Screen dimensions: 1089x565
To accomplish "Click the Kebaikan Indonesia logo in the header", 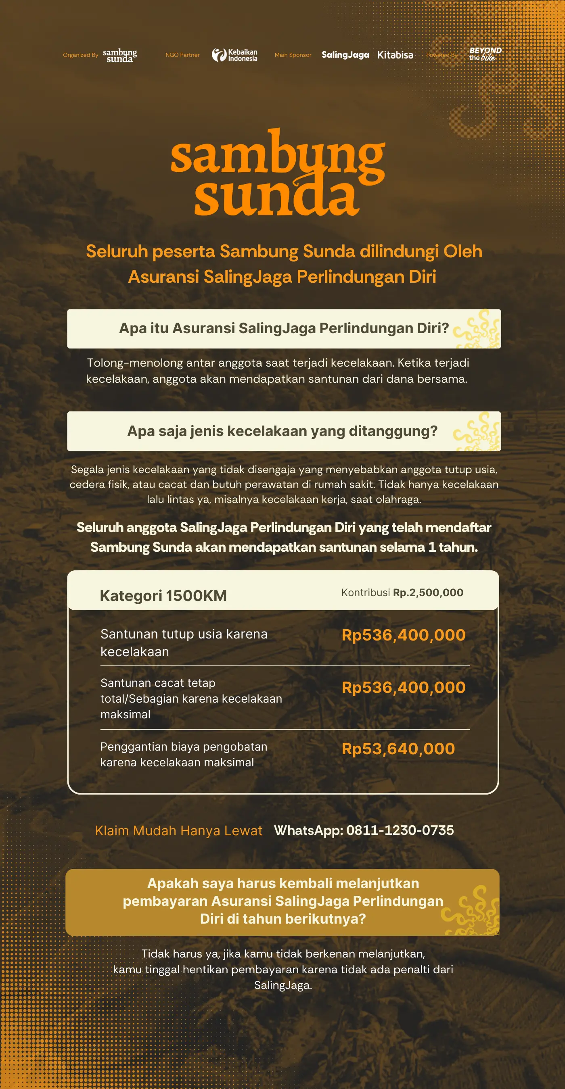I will (x=235, y=55).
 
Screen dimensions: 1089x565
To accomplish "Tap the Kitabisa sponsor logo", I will (x=395, y=55).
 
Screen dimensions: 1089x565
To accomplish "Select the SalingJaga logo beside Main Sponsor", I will (x=345, y=55).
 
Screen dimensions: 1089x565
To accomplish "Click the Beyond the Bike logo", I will (x=485, y=54).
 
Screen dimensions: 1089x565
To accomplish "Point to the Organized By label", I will (x=80, y=55).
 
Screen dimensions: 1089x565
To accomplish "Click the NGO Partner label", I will (x=182, y=55).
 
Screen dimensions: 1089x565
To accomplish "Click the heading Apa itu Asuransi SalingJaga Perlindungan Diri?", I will (x=284, y=328).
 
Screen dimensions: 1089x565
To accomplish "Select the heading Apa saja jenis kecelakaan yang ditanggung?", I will (x=282, y=431).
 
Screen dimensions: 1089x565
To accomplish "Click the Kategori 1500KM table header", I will (x=163, y=596).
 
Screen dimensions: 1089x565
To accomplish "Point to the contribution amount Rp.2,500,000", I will (x=428, y=592).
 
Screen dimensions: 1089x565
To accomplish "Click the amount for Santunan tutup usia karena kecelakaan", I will (x=404, y=635).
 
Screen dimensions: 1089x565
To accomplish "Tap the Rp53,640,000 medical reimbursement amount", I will (x=398, y=749).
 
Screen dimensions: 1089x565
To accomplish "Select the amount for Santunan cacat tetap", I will (x=404, y=687).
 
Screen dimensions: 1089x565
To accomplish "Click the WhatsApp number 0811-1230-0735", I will (x=400, y=830).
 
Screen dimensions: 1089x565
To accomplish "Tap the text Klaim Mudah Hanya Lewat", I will (x=178, y=831).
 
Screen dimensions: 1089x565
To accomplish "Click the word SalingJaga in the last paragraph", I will (x=282, y=985).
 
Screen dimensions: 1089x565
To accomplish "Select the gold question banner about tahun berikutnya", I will (x=282, y=901).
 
